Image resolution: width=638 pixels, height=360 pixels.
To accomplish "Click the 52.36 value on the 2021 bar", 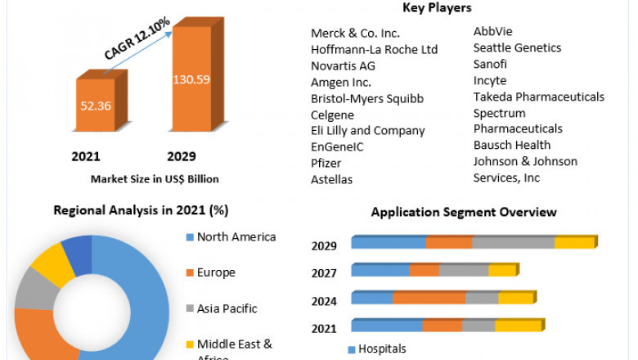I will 96,106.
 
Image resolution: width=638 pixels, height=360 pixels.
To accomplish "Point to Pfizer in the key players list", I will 327,163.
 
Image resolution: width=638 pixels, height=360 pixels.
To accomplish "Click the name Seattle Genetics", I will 517,48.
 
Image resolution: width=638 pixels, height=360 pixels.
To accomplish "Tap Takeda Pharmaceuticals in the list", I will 538,97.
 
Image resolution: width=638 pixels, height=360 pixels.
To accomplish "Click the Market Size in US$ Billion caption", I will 154,179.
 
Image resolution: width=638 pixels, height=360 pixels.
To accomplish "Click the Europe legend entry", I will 217,272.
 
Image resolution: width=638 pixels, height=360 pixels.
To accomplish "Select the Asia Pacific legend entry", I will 227,308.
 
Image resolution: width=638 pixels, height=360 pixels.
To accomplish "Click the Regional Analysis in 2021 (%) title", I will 141,210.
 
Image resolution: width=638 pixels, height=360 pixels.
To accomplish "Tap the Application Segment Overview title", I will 464,212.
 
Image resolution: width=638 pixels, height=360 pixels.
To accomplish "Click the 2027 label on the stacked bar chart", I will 325,272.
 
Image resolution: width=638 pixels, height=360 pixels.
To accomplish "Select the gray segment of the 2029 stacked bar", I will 513,242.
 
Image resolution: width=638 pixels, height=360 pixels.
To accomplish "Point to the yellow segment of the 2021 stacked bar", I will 518,326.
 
